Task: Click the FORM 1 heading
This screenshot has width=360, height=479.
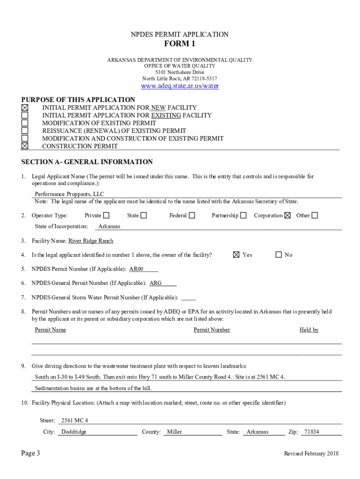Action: [180, 44]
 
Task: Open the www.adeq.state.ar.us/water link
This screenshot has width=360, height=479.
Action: [180, 86]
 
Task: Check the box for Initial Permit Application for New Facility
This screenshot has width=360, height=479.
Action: [25, 108]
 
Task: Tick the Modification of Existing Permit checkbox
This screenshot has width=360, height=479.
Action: [25, 123]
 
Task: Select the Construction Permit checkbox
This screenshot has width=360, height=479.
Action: [25, 146]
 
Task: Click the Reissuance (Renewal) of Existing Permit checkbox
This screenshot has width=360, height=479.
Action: [25, 131]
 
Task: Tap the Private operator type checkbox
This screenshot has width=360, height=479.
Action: [106, 216]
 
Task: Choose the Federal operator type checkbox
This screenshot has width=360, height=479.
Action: [192, 216]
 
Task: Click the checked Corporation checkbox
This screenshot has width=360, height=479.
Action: [288, 216]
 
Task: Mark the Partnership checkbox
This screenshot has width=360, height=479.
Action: [243, 216]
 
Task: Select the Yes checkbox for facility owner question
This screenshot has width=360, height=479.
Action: [236, 255]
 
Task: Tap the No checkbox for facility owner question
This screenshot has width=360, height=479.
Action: [279, 255]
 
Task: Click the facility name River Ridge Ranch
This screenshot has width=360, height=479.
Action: [91, 241]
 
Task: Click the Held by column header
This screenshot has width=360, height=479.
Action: [309, 330]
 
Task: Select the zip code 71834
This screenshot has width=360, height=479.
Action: [311, 432]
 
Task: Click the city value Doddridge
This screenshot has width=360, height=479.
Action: [74, 432]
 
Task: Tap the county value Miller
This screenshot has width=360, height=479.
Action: [175, 432]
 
